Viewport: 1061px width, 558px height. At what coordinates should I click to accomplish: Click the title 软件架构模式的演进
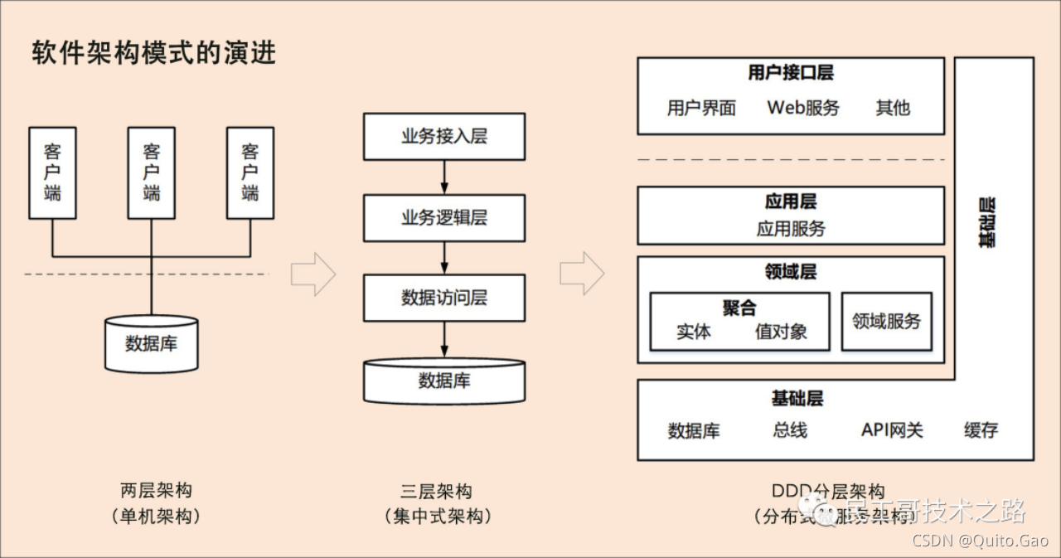(x=154, y=53)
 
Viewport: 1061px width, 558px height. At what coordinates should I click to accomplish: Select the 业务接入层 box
(x=444, y=137)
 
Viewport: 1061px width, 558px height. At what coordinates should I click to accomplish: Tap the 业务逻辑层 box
(x=444, y=218)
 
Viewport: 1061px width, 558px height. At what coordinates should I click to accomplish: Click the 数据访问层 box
(x=444, y=298)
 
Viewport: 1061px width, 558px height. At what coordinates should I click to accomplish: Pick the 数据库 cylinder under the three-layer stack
(x=444, y=381)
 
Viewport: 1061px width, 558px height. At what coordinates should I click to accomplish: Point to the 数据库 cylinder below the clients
(x=151, y=343)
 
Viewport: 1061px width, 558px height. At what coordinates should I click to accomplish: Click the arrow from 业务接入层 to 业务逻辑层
(x=444, y=177)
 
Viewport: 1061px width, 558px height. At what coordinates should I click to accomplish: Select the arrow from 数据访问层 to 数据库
(x=444, y=340)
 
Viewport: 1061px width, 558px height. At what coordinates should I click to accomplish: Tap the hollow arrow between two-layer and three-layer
(x=313, y=274)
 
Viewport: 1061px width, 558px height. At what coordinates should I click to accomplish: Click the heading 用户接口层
(x=790, y=73)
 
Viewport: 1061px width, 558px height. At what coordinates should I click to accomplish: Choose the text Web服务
(x=802, y=108)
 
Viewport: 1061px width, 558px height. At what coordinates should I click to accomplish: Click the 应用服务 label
(x=791, y=229)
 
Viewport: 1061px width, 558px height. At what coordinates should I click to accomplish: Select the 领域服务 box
(x=886, y=322)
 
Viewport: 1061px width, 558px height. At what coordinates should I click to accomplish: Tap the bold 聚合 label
(x=739, y=308)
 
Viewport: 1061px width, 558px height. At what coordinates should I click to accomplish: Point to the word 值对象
(x=781, y=332)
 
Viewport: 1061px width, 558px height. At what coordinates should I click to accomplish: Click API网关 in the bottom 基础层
(x=892, y=430)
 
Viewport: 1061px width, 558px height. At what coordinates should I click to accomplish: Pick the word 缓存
(x=981, y=430)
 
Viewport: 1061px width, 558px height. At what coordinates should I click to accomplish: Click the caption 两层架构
(x=156, y=491)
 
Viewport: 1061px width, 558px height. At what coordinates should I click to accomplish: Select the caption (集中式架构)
(x=438, y=517)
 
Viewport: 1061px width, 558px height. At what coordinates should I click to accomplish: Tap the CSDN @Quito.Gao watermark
(x=981, y=541)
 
